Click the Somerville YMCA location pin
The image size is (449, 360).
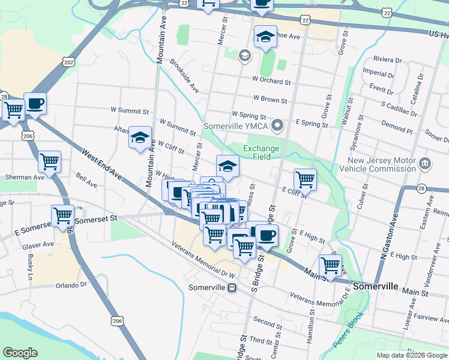point(277,127)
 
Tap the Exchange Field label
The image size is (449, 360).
point(261,152)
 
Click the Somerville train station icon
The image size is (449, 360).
point(231,287)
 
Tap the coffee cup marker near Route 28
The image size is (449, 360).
point(35,103)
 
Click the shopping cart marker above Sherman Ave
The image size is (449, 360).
point(49,161)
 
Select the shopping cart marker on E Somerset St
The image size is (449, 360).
point(62,215)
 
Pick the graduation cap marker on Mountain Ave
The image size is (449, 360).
point(140,138)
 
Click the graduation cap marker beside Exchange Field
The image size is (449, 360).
point(228,166)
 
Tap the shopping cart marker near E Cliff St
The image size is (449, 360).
point(305,178)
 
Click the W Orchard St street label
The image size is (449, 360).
point(271,81)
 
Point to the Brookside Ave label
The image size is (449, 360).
point(184,76)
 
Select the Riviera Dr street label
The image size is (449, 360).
point(387,60)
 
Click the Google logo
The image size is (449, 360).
point(20,353)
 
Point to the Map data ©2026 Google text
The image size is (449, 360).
point(412,355)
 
